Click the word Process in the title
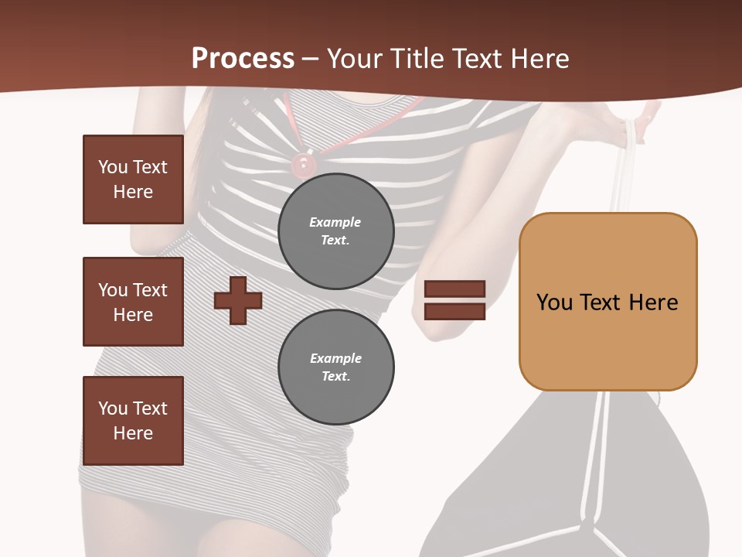coord(243,59)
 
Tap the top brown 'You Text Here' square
coord(133,179)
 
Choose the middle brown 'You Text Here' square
coord(133,302)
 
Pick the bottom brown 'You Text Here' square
coord(133,421)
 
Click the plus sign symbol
coord(237,300)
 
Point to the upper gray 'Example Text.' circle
coord(335,231)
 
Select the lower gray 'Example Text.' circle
coord(335,367)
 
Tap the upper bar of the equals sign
coord(454,289)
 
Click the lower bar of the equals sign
coord(454,311)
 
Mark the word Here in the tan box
coord(653,302)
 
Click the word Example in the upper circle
coord(335,222)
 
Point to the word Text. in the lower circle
coord(335,377)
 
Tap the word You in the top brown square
coord(112,167)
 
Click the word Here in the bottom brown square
coord(133,433)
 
